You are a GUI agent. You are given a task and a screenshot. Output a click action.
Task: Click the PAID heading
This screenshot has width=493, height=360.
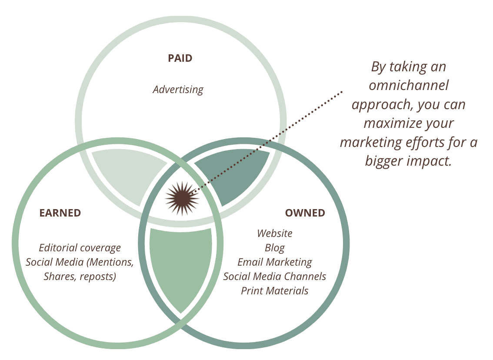click(x=180, y=58)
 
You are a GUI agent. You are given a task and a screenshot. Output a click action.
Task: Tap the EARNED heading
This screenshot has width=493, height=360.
click(x=60, y=213)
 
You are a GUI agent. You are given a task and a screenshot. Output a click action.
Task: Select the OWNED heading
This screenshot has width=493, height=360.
click(x=305, y=213)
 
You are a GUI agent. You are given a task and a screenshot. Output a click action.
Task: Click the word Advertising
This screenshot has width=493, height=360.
click(x=178, y=90)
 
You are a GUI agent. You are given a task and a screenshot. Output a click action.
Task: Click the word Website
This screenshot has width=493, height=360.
click(x=275, y=233)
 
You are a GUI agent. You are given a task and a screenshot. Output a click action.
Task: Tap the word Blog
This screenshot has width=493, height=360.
click(x=275, y=248)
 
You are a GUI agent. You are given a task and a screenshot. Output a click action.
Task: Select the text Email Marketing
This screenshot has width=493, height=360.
click(x=275, y=262)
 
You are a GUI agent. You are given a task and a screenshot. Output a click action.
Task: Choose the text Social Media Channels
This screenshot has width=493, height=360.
click(x=275, y=277)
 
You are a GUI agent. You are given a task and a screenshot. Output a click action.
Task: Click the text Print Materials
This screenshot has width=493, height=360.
click(x=275, y=291)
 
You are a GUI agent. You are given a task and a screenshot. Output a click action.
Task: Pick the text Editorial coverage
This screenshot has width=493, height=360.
click(x=80, y=248)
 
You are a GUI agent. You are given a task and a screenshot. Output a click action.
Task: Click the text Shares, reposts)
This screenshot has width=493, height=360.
click(x=80, y=277)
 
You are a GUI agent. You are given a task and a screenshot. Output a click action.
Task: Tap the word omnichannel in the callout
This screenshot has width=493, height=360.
click(x=409, y=86)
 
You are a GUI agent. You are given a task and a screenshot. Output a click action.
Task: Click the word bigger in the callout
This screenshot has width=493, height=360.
click(x=384, y=161)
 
